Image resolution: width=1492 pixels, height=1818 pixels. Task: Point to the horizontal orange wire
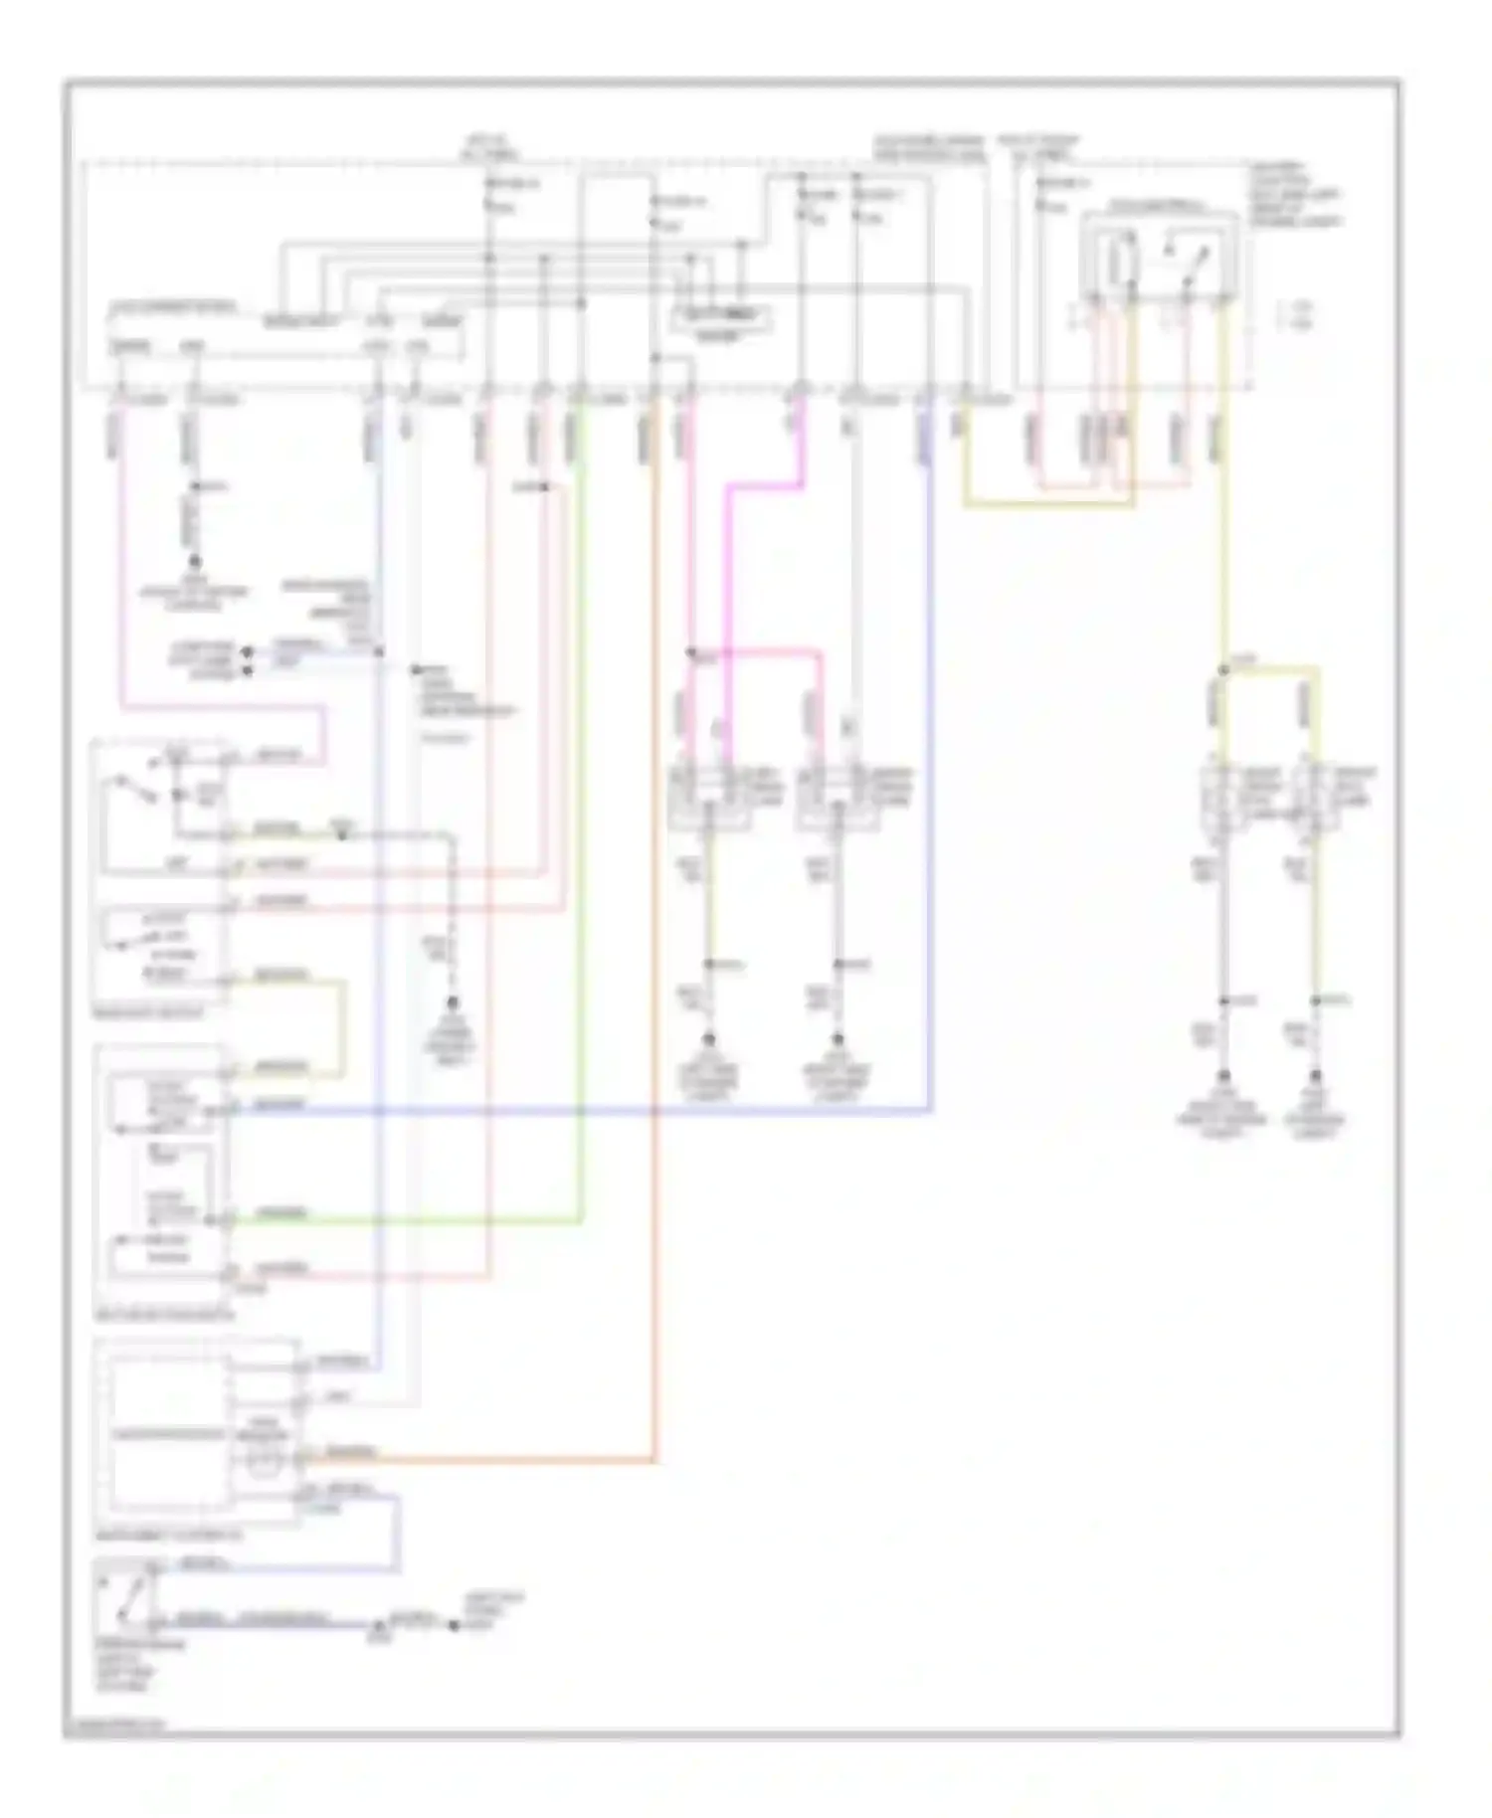pos(477,1461)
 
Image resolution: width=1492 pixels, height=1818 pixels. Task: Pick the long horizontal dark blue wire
pos(577,1108)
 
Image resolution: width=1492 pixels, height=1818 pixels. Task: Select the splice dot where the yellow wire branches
pos(1223,671)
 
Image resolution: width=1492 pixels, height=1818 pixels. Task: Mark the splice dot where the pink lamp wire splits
pos(692,654)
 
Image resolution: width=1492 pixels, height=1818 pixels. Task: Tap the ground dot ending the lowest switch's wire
pos(454,1626)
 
